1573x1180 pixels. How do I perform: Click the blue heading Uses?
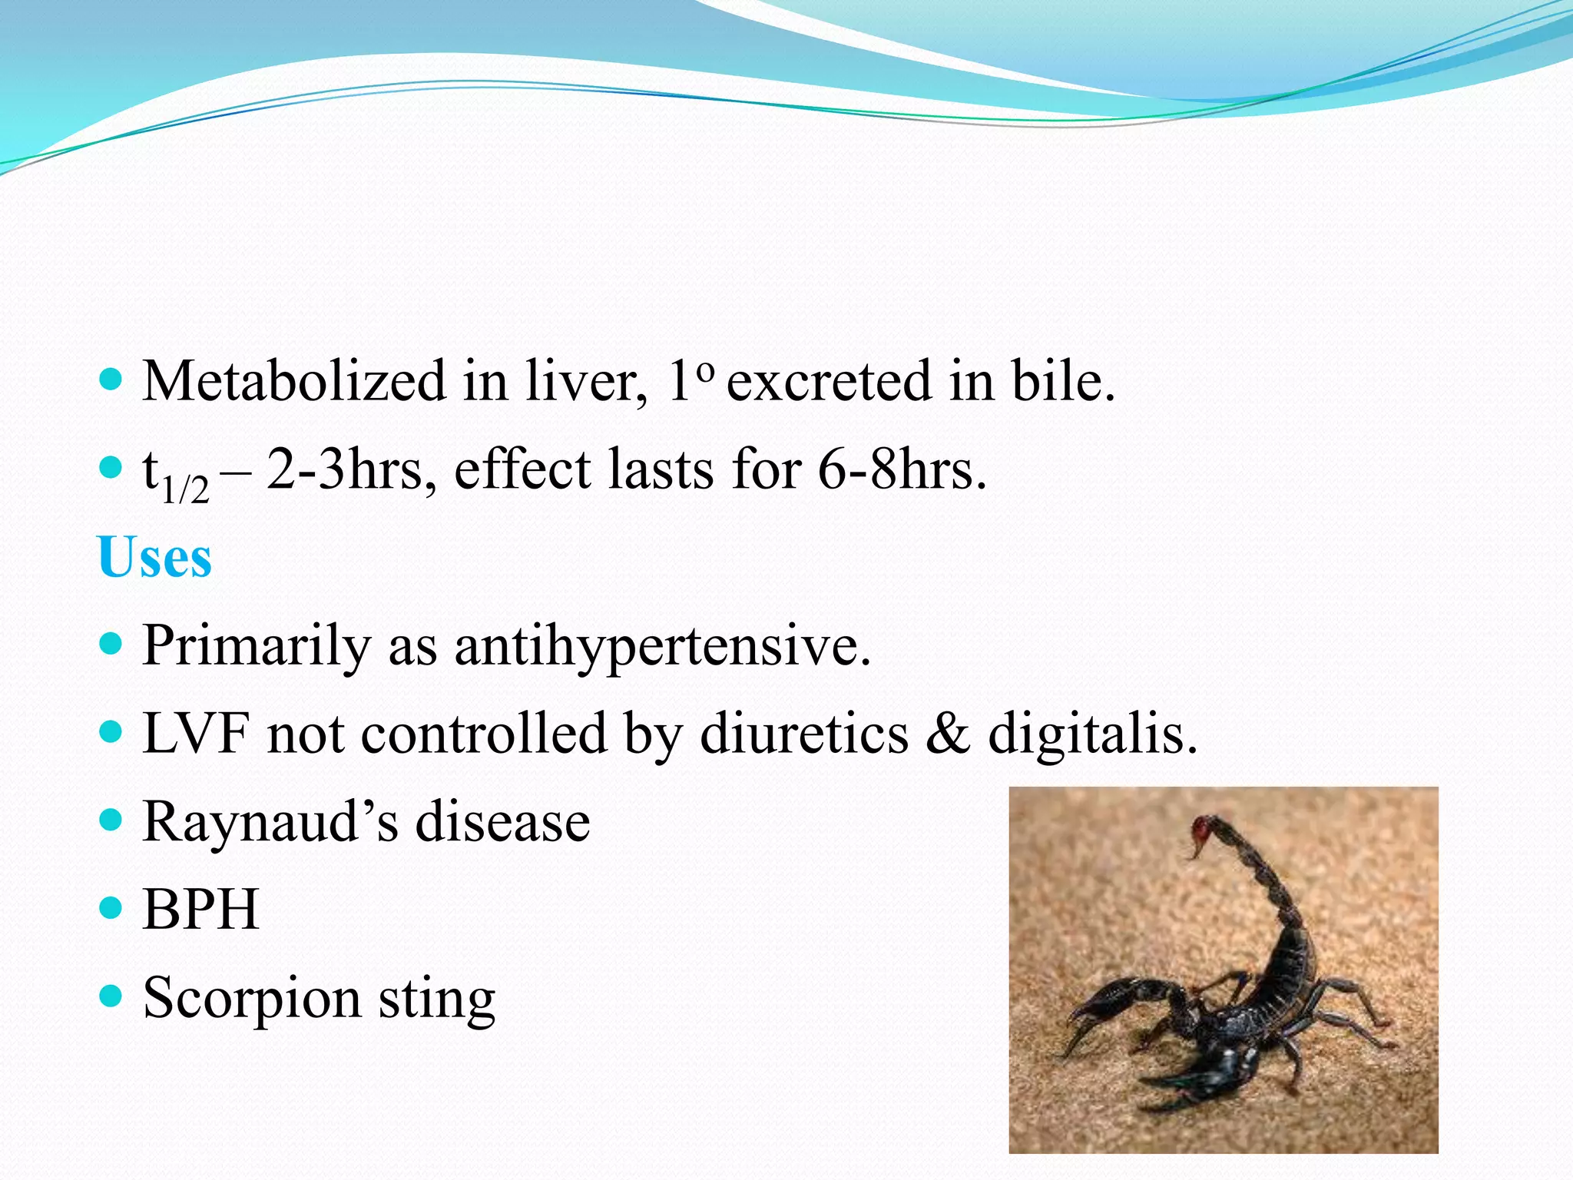coord(154,557)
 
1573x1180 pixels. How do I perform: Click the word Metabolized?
coord(293,381)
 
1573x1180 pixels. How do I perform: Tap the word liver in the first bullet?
coord(584,381)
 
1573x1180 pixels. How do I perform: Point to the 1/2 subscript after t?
coord(185,489)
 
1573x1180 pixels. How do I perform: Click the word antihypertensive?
coord(663,646)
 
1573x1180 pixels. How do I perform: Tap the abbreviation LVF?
coord(197,734)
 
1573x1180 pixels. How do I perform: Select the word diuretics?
coord(804,734)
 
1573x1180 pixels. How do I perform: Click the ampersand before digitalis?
coord(948,734)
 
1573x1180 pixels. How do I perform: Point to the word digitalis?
coord(1092,734)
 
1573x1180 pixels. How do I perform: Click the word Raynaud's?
coord(270,822)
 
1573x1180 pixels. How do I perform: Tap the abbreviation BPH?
coord(200,910)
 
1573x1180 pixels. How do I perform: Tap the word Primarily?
coord(257,646)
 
